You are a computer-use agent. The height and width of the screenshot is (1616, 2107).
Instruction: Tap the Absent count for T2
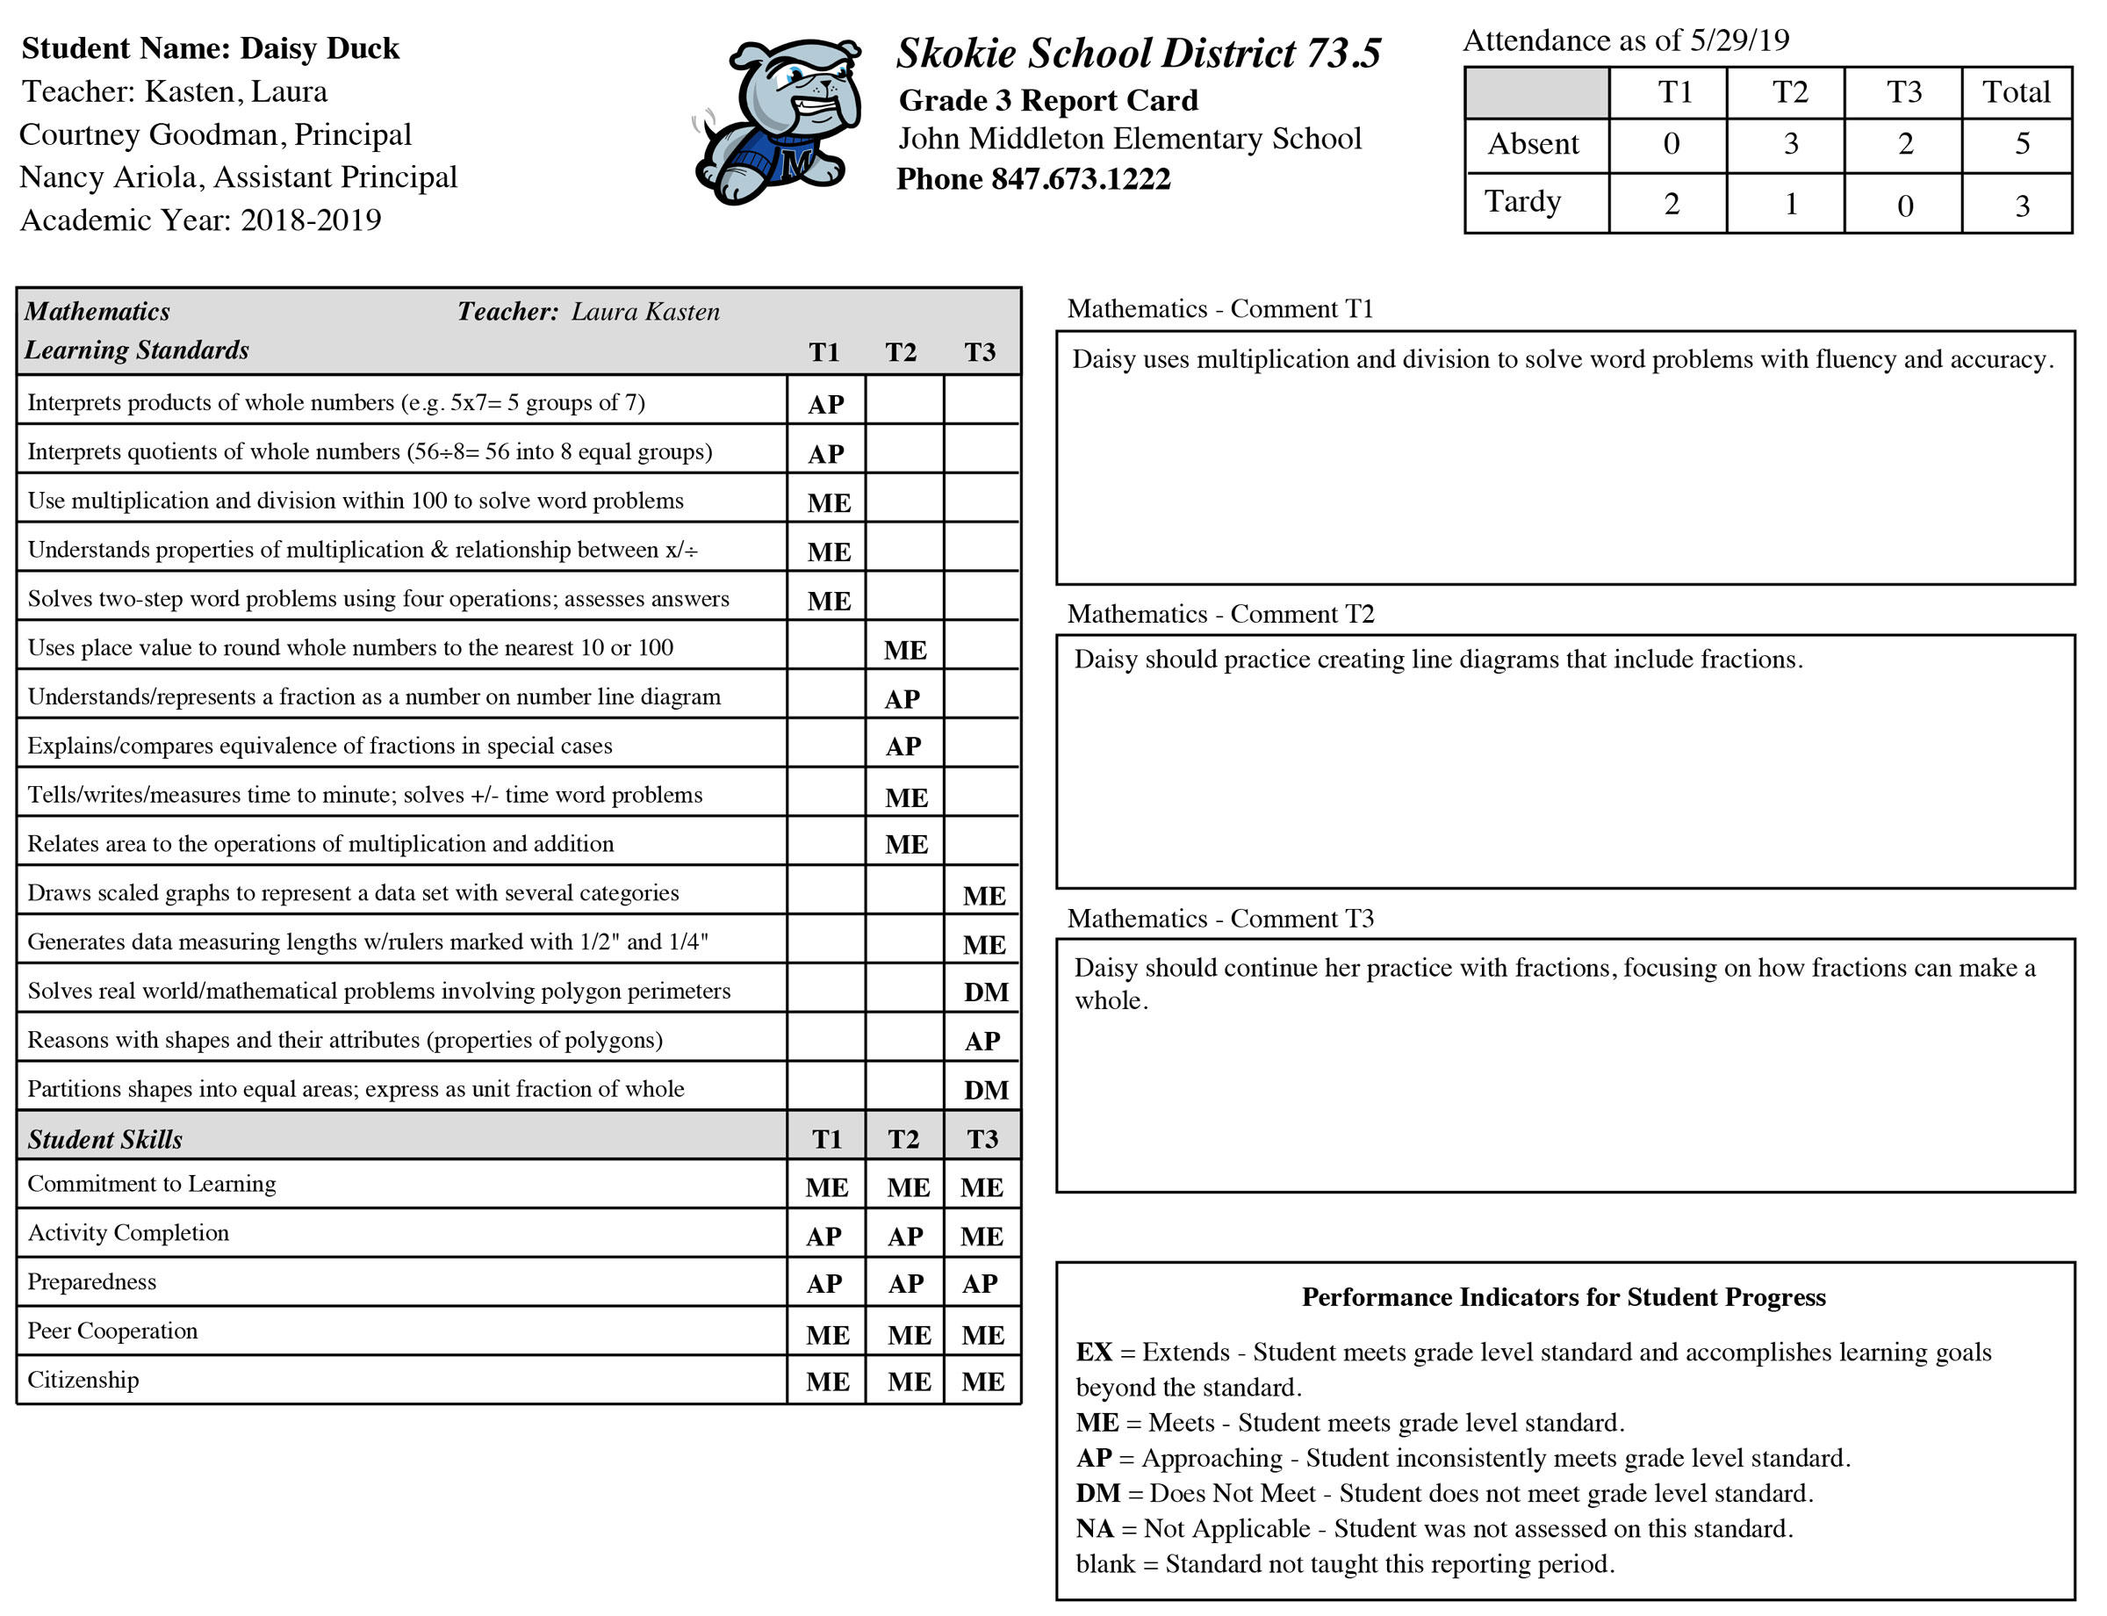(x=1790, y=144)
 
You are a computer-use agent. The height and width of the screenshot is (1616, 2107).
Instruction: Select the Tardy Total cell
(x=2022, y=205)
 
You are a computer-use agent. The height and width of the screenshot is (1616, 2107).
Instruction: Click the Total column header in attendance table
(x=2016, y=92)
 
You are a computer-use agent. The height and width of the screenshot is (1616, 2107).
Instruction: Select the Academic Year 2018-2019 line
(x=200, y=220)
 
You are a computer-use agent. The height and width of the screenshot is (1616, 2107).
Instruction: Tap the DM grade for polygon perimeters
(x=986, y=992)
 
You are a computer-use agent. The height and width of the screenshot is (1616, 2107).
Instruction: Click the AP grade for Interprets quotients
(x=826, y=454)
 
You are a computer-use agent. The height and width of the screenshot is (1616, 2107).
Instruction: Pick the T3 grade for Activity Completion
(x=981, y=1236)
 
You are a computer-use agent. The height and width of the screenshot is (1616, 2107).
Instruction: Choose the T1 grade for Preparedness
(x=824, y=1283)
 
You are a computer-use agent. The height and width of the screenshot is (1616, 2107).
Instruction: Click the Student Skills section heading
(x=104, y=1139)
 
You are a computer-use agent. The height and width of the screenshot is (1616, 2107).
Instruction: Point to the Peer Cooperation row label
(x=112, y=1331)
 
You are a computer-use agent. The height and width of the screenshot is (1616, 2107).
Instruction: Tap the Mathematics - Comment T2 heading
(x=1219, y=614)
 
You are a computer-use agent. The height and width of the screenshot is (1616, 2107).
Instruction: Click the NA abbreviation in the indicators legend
(x=1095, y=1528)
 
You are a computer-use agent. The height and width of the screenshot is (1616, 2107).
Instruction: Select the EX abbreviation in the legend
(x=1093, y=1352)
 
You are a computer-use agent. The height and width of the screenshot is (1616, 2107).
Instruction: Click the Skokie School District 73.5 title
(x=1138, y=54)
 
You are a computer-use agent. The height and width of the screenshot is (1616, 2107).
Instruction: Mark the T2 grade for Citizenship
(x=909, y=1382)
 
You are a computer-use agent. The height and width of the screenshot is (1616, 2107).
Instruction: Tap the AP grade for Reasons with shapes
(x=982, y=1041)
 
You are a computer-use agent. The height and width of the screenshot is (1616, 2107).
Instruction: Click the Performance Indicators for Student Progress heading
(x=1563, y=1296)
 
